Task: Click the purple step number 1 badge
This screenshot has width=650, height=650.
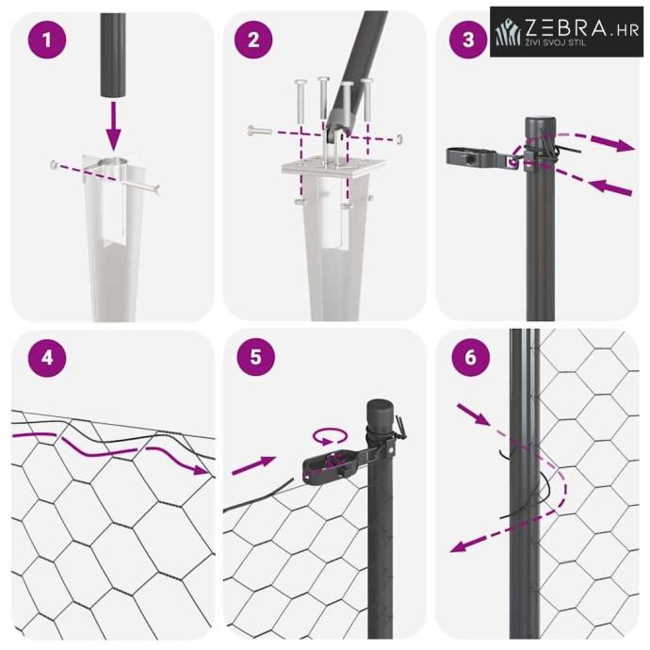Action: coord(47,40)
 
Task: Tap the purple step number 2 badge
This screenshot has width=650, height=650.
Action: coord(253,40)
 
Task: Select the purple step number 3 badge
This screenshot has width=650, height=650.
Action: coord(468,40)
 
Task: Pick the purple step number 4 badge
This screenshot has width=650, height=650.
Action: coord(47,357)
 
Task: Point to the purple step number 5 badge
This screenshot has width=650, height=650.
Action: coord(256,356)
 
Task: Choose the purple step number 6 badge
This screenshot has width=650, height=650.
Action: coord(470,357)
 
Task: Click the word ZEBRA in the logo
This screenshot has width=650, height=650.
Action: coord(565,27)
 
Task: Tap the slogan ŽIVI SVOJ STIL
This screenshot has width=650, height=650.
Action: coord(555,42)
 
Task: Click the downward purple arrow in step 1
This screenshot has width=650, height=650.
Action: coord(113,126)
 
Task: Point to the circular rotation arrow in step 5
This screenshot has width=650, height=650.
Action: coord(330,437)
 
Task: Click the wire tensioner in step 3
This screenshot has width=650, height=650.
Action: coord(478,156)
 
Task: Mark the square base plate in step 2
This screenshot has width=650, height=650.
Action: coord(333,166)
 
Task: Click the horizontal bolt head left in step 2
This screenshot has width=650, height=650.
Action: coord(252,131)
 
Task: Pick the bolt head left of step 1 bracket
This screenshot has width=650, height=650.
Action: coord(54,164)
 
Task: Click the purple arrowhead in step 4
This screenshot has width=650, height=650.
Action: coord(202,470)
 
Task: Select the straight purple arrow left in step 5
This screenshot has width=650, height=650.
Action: coord(253,465)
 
